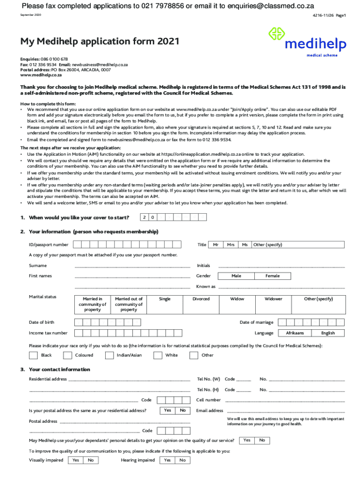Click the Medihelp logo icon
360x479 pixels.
coord(276,35)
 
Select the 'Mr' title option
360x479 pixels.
coord(216,245)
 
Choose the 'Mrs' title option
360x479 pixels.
coord(230,245)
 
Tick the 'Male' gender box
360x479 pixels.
coord(236,276)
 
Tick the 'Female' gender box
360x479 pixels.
coord(273,276)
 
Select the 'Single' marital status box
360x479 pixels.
coord(165,304)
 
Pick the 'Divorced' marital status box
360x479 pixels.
coord(201,304)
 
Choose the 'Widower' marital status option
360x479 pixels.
coord(274,304)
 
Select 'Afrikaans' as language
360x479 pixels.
coord(295,333)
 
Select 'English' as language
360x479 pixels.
coord(328,333)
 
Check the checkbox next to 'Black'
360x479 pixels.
coord(33,356)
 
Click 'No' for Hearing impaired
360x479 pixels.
coord(182,460)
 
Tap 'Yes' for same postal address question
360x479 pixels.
coord(167,410)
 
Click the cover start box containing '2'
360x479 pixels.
coord(145,218)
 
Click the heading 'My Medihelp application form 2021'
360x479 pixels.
coord(100,42)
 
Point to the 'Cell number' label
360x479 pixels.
coord(209,400)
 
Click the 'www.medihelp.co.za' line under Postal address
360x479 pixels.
coord(41,75)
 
